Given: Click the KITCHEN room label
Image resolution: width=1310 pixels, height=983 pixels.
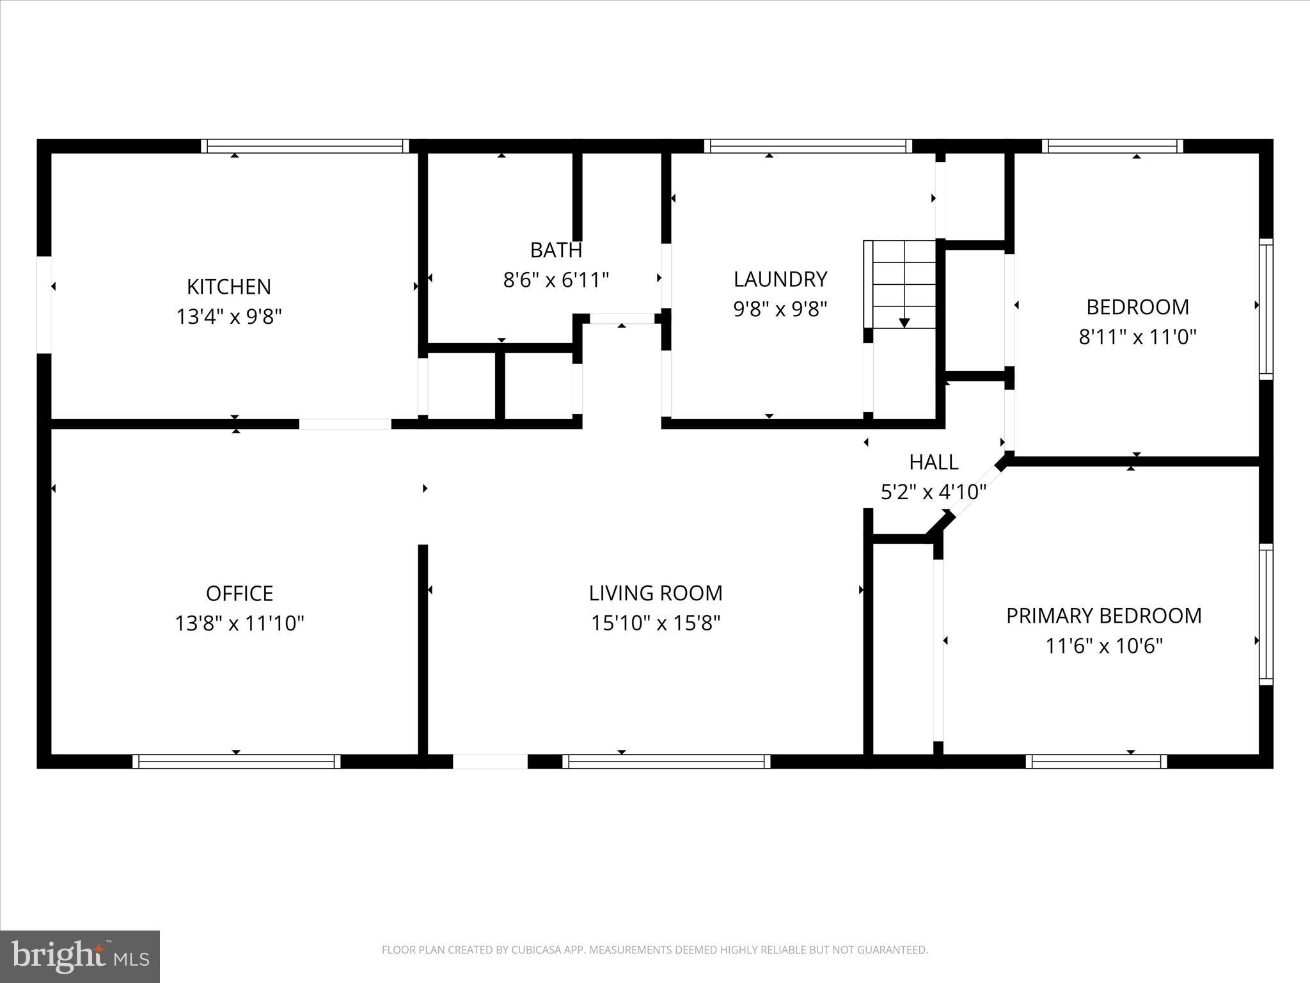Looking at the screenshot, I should point(228,286).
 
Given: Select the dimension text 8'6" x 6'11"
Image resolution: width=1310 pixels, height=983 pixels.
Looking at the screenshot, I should point(556,280).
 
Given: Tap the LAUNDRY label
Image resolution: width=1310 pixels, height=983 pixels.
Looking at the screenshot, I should point(780,279).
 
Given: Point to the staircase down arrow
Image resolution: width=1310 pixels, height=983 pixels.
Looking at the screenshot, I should point(904,322).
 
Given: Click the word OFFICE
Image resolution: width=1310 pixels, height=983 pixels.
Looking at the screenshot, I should point(239,593).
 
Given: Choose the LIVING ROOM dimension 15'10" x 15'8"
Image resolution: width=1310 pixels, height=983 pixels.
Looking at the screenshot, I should point(656,623).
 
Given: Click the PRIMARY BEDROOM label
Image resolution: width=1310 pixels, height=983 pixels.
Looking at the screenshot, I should point(1103,616).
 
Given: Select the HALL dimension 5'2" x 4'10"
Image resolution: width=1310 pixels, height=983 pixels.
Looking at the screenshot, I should point(933,491).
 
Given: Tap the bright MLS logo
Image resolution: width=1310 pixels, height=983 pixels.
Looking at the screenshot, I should point(80,956).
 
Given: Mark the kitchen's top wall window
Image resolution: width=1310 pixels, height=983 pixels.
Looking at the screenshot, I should point(305,146).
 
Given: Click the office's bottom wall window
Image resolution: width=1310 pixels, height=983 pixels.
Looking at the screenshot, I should point(237,761).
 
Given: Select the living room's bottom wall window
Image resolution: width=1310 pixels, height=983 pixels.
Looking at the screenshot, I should point(667,761).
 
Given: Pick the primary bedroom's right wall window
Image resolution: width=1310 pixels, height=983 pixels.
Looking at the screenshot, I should point(1265,614).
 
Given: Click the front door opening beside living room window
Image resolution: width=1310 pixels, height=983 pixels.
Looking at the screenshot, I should point(490,761).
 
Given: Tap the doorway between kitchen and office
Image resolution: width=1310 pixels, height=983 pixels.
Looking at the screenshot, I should point(345,424).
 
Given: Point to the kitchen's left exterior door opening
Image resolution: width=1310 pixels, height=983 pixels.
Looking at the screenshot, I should point(43,305).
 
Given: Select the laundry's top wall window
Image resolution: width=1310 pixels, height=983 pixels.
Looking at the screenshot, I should point(808,146).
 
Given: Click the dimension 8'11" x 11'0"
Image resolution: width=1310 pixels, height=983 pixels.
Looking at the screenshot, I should point(1137,337).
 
